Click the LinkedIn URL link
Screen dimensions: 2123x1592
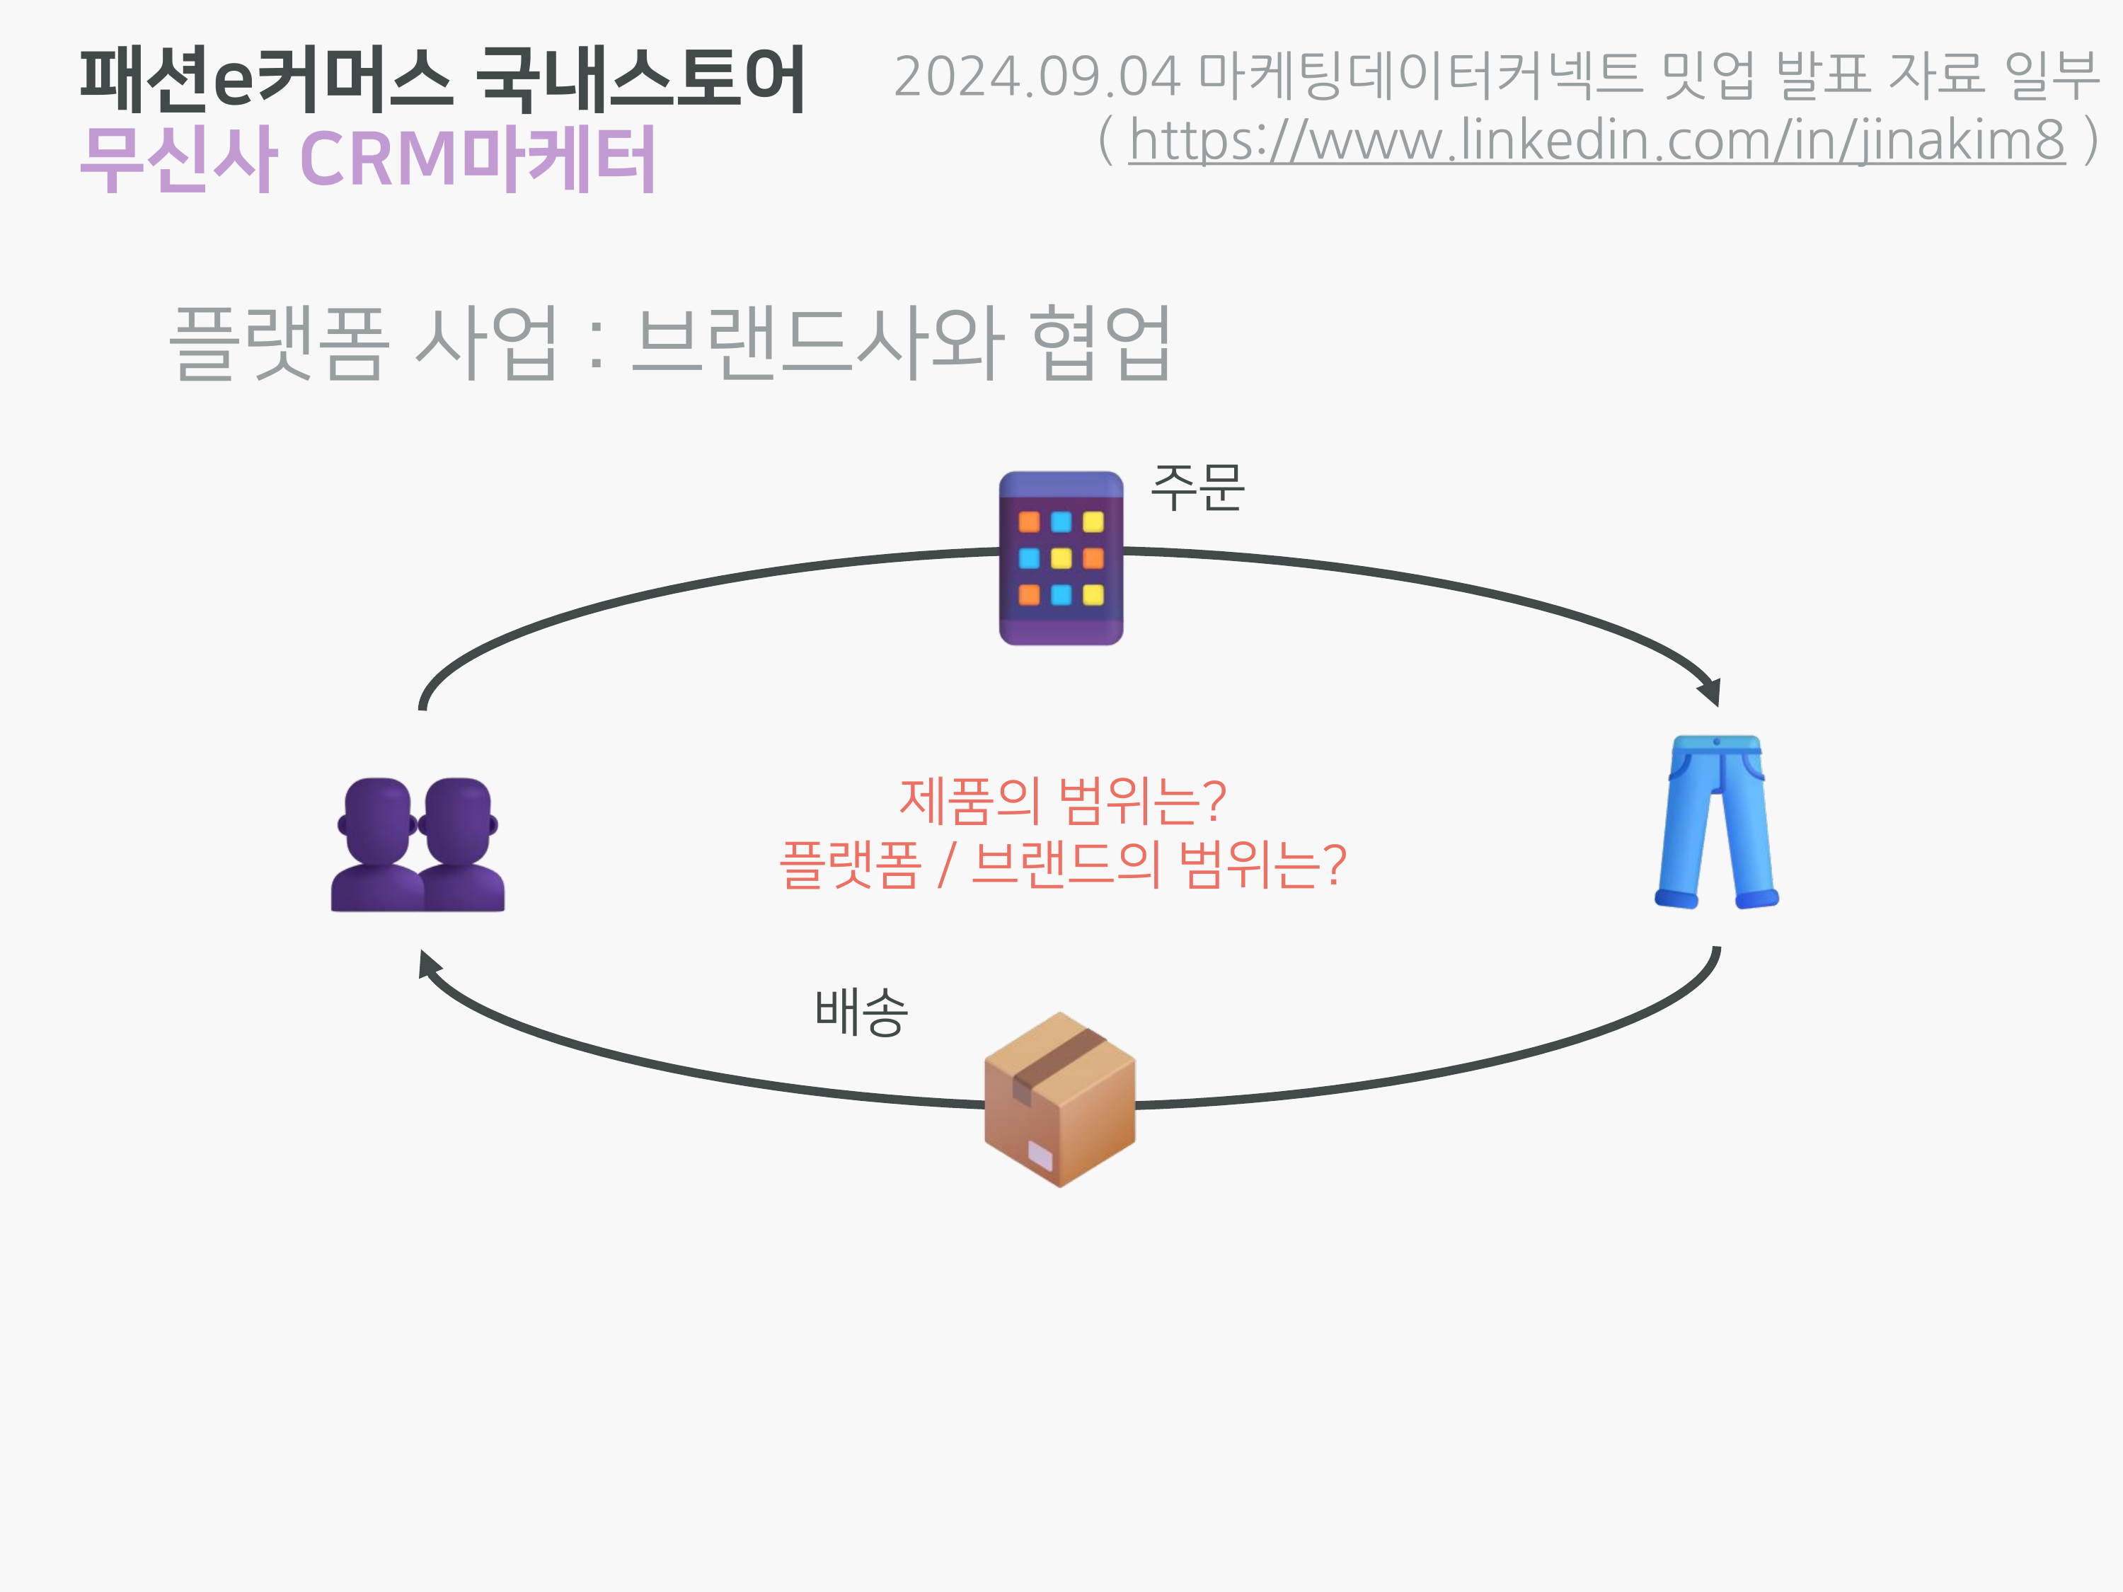1595,140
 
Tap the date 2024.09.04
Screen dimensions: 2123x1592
1037,76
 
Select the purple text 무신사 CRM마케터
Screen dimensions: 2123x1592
367,158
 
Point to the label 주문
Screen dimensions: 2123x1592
1197,488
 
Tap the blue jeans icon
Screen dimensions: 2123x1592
1716,821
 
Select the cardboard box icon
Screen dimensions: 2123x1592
1059,1100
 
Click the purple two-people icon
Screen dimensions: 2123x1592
418,844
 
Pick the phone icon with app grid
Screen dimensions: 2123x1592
1061,558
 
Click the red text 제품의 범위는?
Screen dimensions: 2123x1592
1061,800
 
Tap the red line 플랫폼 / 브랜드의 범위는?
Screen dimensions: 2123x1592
1061,864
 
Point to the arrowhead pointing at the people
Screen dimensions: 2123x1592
428,964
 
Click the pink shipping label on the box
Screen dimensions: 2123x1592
1040,1155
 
